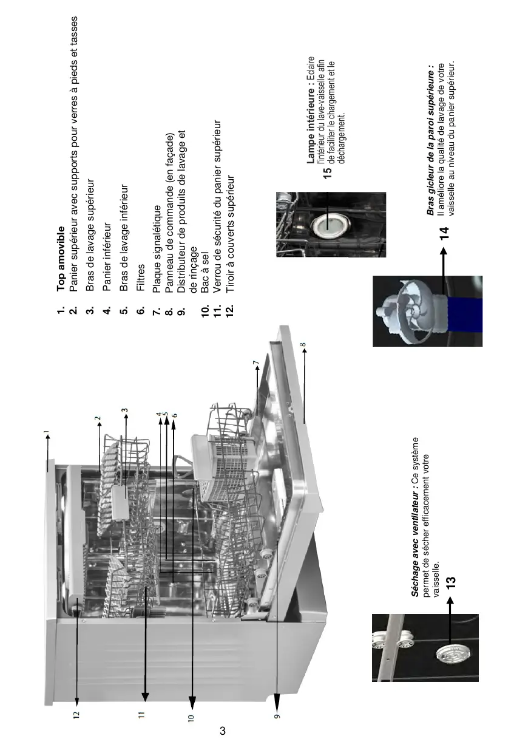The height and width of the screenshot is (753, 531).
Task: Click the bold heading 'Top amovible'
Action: [x=61, y=259]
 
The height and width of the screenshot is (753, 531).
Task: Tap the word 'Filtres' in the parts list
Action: [x=141, y=277]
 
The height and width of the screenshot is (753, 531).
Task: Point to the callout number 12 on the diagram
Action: [x=76, y=714]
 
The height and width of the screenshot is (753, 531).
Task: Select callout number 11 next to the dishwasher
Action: [x=141, y=714]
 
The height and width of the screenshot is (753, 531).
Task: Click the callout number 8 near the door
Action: [x=303, y=344]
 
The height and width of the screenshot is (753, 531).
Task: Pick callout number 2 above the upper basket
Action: [x=97, y=418]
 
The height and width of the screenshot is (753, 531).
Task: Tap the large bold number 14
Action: [x=444, y=233]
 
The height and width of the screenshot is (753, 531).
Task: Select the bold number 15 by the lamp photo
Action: [x=327, y=172]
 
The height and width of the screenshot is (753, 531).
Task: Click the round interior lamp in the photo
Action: [x=330, y=225]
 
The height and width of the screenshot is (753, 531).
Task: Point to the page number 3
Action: [x=222, y=729]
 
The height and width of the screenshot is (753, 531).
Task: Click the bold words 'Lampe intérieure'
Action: [x=311, y=126]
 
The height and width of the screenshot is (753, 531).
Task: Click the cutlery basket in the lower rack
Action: [x=222, y=466]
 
